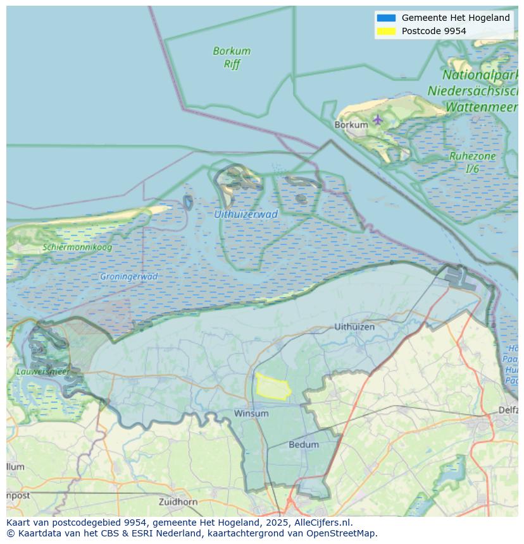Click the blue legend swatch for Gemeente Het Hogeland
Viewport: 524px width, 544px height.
tap(385, 18)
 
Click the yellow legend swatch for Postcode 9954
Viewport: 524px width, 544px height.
tap(385, 31)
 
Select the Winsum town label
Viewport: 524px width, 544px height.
tap(251, 413)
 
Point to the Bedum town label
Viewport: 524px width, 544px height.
tap(304, 444)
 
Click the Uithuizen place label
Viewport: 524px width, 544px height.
tap(354, 327)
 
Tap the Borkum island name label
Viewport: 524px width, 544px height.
tap(351, 125)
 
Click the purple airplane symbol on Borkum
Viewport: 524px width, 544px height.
tap(378, 119)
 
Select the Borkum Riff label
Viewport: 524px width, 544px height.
tap(232, 57)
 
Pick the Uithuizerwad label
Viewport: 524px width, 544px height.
tap(246, 214)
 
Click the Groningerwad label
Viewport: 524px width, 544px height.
tap(128, 277)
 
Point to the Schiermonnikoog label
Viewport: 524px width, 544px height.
tap(77, 247)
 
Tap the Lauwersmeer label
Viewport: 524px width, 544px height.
tap(43, 372)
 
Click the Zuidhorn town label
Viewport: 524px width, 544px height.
tap(178, 502)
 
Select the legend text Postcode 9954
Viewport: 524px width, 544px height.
tap(434, 31)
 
